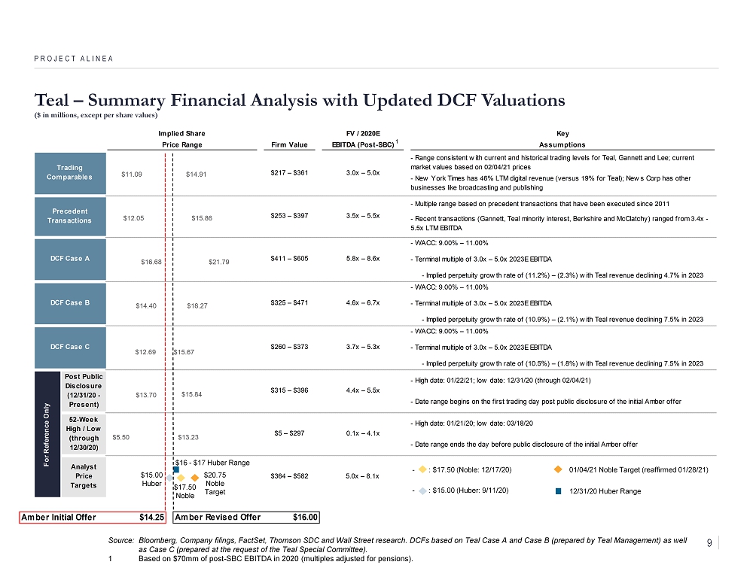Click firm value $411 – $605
288,258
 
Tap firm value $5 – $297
288,433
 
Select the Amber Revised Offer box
246,518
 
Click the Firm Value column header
288,144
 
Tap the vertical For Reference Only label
47,433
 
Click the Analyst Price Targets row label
83,476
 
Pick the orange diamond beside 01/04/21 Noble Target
558,469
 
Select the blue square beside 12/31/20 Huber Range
558,490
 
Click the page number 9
710,543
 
